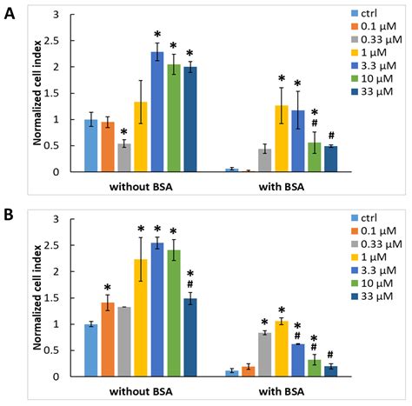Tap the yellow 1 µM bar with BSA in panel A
click(281, 138)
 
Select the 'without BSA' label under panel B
click(141, 389)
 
